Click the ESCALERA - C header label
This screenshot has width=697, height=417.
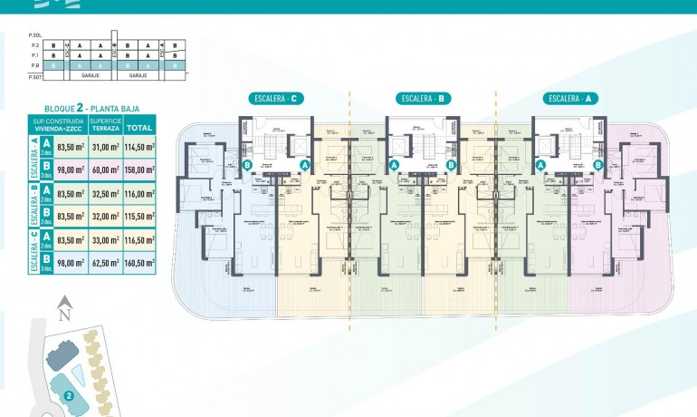coord(278,98)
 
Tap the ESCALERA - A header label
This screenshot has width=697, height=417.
coord(571,98)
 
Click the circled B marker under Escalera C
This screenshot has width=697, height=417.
coord(247,165)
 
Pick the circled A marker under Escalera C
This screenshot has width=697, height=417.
coord(305,165)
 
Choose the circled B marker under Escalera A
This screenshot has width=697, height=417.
coord(598,165)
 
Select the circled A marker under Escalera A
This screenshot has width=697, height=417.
coord(540,165)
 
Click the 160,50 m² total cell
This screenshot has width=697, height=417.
coord(138,264)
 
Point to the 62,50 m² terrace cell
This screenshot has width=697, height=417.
coord(105,264)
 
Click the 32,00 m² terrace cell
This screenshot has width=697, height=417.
coord(105,217)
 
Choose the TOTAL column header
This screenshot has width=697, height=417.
coord(138,126)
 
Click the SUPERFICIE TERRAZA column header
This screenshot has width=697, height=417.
coord(105,126)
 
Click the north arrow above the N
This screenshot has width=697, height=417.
coord(63,303)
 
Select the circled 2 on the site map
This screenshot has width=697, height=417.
coord(69,396)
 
